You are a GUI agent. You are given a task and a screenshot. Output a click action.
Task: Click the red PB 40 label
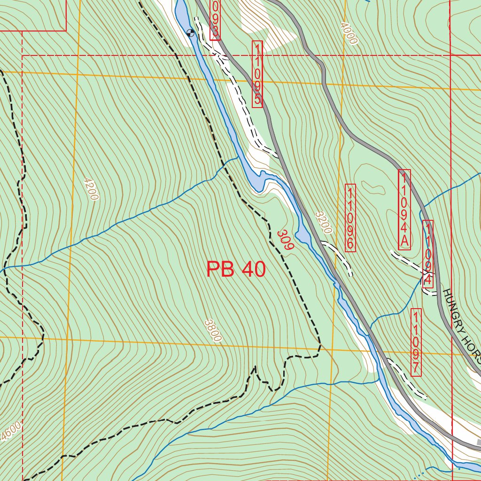236,270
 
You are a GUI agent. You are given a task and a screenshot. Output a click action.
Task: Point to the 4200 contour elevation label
90,189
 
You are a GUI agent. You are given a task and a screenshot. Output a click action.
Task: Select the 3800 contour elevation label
213,330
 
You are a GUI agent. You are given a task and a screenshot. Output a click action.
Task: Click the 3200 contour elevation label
323,222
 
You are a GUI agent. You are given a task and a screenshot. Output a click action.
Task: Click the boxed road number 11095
257,74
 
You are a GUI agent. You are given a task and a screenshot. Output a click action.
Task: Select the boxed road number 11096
350,217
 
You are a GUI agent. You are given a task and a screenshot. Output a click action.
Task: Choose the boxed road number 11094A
404,209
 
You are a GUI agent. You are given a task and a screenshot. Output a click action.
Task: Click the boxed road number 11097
416,342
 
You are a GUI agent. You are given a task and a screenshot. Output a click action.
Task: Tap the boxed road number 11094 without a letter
427,254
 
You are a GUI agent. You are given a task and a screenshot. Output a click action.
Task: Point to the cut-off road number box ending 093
215,20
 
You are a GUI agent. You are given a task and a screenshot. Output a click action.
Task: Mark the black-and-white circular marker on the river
190,32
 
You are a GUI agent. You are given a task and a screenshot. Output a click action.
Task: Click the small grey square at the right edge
479,442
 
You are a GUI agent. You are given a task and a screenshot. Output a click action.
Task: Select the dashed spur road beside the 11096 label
338,256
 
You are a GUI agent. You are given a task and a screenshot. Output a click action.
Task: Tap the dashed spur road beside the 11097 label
406,380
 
